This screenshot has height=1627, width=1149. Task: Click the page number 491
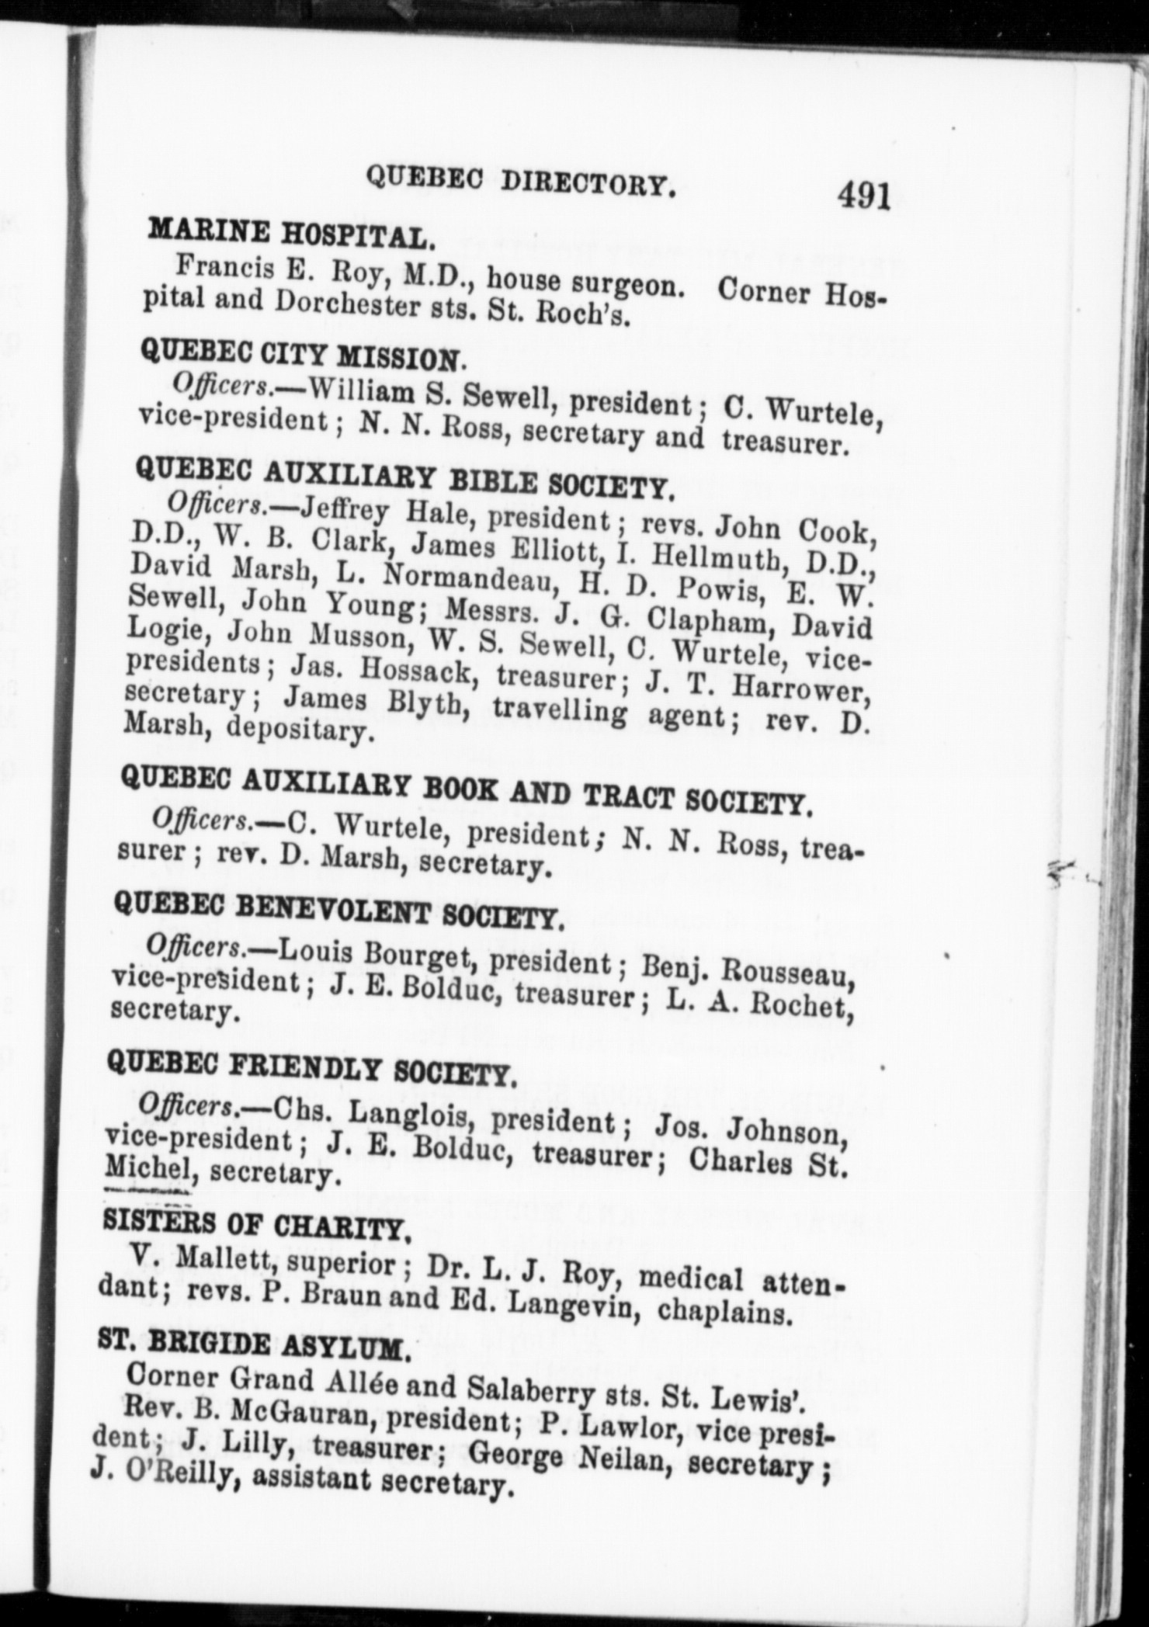pos(863,196)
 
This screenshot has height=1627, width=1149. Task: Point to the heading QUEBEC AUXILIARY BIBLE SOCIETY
pos(401,477)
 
